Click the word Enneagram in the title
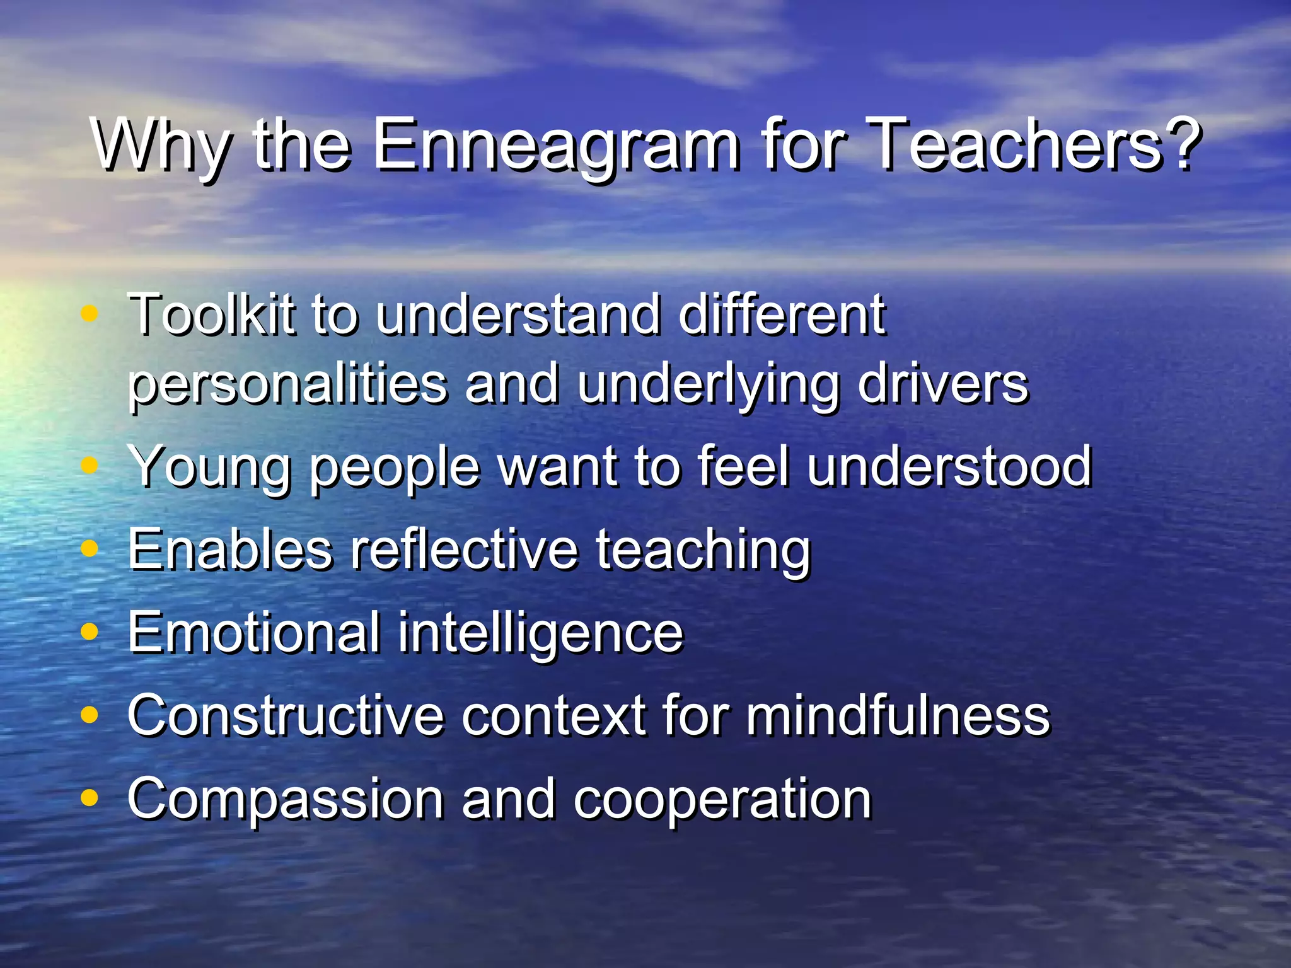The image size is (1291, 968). coord(556,146)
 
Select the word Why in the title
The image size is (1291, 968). coord(161,146)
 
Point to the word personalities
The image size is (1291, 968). coord(287,384)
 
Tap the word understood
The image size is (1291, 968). coord(949,466)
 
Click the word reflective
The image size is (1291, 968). coord(464,549)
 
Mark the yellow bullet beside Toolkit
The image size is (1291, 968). coord(90,313)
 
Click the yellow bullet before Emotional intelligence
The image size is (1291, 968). coord(90,632)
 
